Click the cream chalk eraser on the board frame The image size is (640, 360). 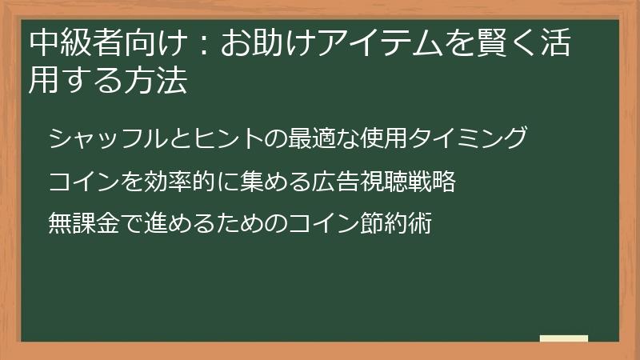[x=564, y=338]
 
